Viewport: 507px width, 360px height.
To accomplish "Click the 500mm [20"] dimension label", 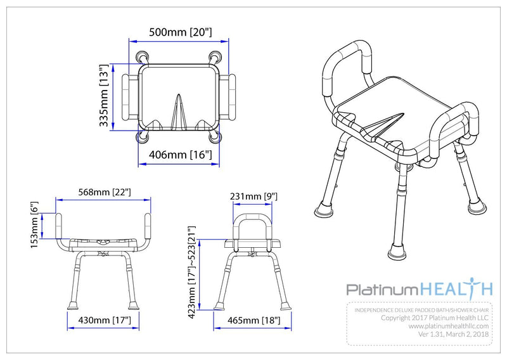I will click(x=180, y=32).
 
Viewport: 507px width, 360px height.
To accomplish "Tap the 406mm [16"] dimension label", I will click(x=180, y=154).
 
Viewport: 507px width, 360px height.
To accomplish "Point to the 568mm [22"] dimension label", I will click(x=105, y=191).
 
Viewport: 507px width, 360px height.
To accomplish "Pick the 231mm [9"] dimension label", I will click(x=253, y=197).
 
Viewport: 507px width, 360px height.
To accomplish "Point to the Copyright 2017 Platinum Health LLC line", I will click(x=437, y=318).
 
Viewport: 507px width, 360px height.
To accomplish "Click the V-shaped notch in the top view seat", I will click(x=180, y=111).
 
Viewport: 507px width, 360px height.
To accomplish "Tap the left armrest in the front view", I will click(x=60, y=226).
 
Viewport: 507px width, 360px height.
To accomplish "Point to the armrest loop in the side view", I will click(x=253, y=225).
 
